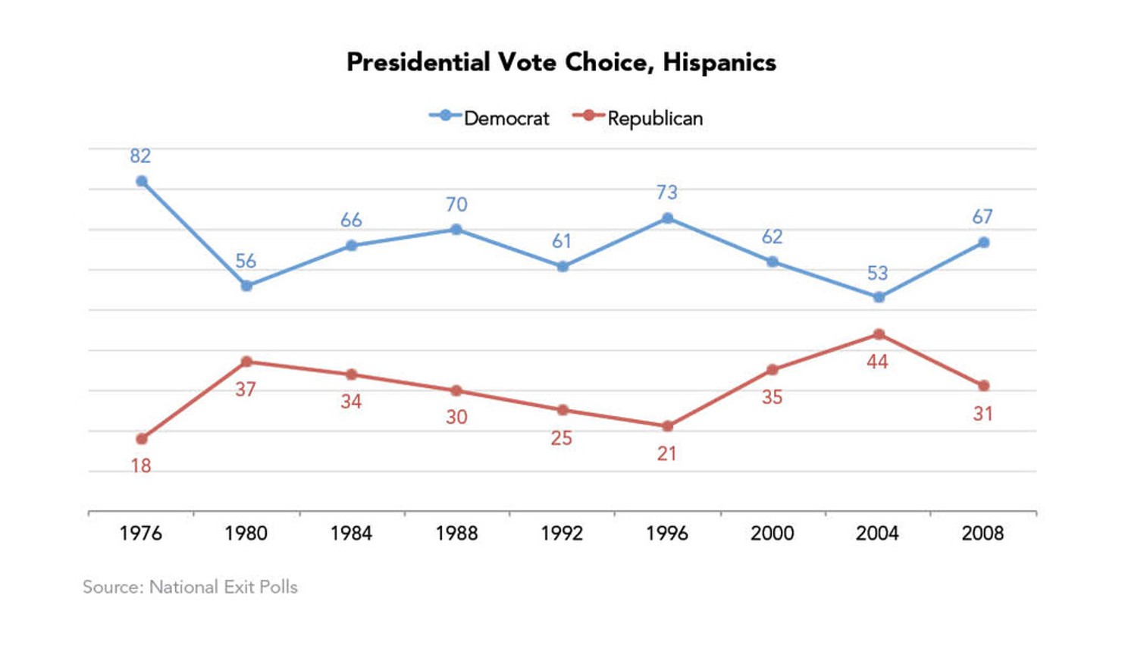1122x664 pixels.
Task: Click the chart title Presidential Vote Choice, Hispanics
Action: click(561, 62)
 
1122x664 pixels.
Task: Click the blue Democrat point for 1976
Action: click(142, 181)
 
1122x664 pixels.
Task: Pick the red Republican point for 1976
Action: click(142, 439)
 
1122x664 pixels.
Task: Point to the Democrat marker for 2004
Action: click(879, 297)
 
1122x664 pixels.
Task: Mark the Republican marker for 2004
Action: click(879, 334)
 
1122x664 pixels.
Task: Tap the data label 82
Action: click(140, 156)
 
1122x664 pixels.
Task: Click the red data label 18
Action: click(141, 465)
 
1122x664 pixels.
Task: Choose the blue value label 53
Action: click(877, 273)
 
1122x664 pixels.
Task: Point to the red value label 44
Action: click(877, 362)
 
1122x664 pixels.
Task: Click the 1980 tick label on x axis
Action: click(246, 534)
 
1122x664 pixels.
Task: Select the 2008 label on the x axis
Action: click(983, 534)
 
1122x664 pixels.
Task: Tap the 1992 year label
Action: click(562, 534)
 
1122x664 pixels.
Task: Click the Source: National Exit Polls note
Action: click(190, 587)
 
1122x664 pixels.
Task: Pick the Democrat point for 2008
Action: click(983, 243)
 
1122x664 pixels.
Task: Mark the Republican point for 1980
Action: click(246, 362)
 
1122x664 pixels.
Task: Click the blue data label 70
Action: click(456, 205)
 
